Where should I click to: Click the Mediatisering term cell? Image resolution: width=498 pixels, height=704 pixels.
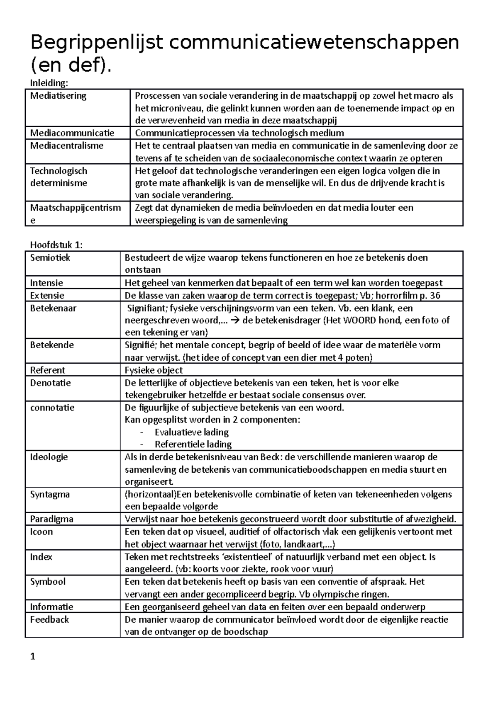[x=58, y=96]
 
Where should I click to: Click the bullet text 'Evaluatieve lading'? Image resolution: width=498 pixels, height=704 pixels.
[x=191, y=432]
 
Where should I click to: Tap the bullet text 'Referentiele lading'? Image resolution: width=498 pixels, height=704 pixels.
[x=193, y=444]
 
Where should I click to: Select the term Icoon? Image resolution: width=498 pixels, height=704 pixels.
[x=41, y=532]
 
